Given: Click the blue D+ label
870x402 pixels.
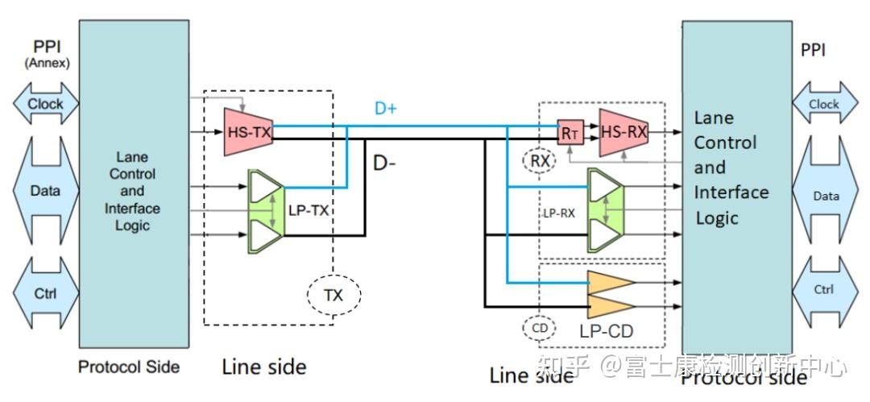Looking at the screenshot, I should [386, 108].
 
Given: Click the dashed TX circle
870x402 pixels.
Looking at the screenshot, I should [333, 295].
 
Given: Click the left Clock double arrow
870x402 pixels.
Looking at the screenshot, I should [45, 104].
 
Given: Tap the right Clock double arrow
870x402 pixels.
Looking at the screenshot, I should [824, 104].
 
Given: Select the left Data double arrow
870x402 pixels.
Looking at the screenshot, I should [45, 191].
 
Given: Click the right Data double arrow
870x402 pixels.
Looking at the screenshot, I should [825, 196].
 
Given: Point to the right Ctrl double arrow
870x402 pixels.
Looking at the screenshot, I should [824, 289].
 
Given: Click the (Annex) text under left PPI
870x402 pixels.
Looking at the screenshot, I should [46, 62].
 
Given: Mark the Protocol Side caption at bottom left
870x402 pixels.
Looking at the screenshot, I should [128, 367].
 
